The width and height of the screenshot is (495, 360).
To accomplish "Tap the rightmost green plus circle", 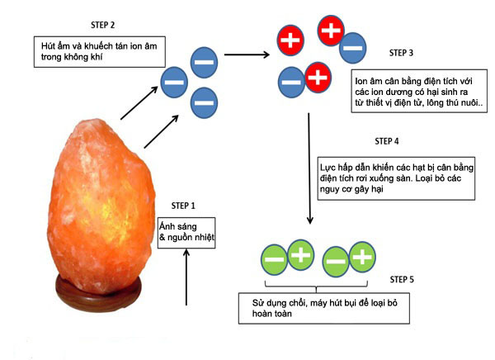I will (x=361, y=258).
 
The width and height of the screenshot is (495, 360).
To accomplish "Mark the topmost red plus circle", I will (x=330, y=31).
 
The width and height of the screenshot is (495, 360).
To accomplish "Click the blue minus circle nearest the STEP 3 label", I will (x=353, y=48).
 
